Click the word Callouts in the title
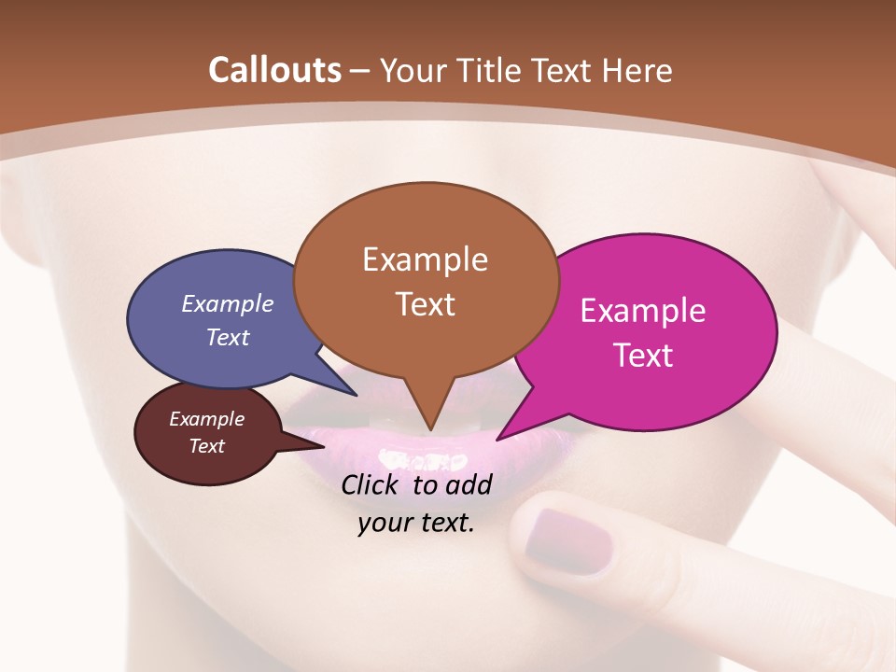274,70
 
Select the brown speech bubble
426,280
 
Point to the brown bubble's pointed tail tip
429,429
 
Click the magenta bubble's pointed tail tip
498,439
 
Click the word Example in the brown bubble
425,259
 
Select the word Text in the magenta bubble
644,356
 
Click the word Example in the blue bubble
228,304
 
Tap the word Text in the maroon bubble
207,446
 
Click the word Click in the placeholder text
369,484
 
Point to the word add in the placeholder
469,484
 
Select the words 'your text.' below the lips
416,523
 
